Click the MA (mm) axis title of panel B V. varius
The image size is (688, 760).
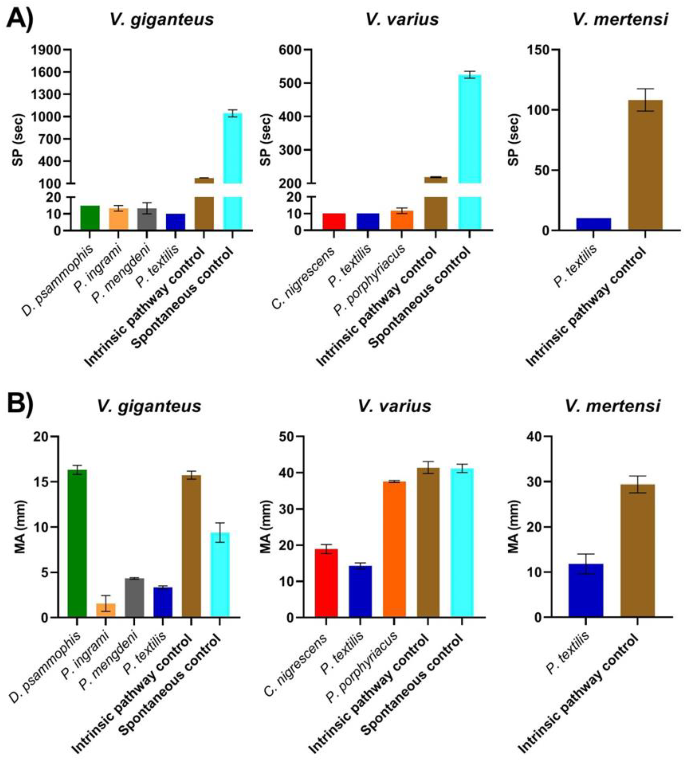pos(266,527)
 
